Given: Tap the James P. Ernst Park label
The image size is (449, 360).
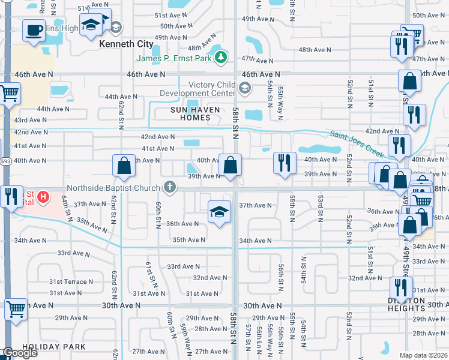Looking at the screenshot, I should [x=175, y=58].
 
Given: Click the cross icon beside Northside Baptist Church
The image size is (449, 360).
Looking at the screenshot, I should [x=170, y=187].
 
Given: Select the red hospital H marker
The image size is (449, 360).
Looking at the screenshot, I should [x=43, y=196].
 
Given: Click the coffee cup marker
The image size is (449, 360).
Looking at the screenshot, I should [x=34, y=29].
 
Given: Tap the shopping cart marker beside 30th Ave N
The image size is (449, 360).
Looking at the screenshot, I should [x=16, y=310].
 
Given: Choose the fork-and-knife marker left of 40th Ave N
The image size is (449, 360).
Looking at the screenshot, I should [x=284, y=162].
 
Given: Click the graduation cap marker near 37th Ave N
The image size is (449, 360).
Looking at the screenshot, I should [x=219, y=211].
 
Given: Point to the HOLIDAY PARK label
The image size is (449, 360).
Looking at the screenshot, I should [x=54, y=347].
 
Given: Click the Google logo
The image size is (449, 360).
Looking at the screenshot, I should [x=20, y=353].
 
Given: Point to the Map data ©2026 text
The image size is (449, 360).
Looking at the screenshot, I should [x=423, y=355].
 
